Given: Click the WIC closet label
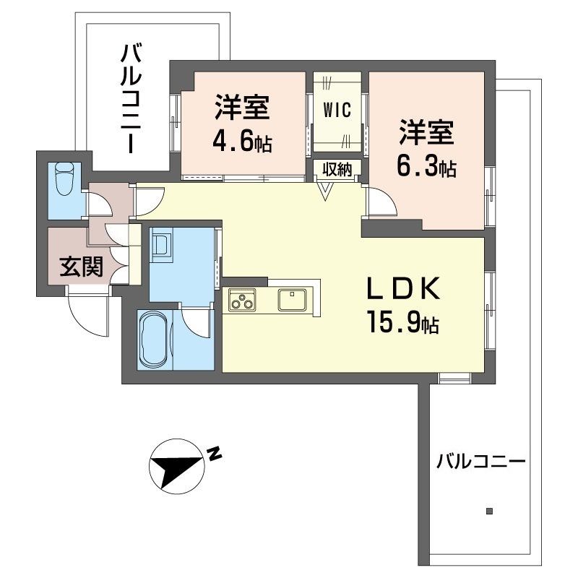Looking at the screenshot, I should tap(337, 111).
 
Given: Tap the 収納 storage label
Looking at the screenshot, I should tap(337, 170).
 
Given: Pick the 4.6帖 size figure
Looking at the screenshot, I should tap(242, 142).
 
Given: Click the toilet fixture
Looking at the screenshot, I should tap(63, 178).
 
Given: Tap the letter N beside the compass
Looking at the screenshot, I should tap(215, 454).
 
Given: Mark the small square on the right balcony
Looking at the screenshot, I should tap(489, 512).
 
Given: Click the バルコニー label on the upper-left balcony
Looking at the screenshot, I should tap(130, 98).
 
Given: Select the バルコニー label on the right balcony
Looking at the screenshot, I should tap(480, 460).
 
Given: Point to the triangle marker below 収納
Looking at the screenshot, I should tap(326, 191).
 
